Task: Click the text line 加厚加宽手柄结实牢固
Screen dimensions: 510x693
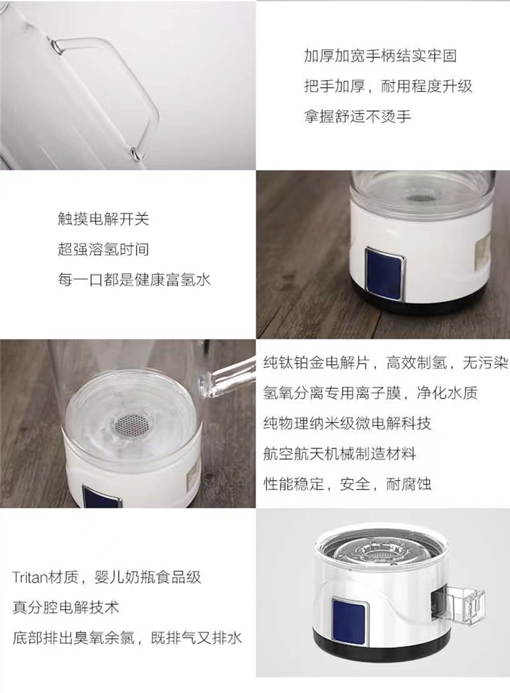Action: tap(380, 56)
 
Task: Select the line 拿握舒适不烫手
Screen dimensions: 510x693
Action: tap(358, 117)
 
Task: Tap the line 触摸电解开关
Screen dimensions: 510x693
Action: tap(104, 219)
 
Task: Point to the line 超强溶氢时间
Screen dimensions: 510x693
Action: tap(104, 250)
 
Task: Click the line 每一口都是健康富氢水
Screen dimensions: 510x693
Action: tap(134, 280)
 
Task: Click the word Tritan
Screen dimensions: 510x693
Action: tap(30, 577)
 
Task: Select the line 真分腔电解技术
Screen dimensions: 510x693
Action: tap(66, 608)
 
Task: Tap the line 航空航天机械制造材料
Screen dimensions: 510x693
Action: tap(340, 454)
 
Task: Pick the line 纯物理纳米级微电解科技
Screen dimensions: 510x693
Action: tap(347, 424)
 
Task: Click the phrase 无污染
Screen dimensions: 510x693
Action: tap(485, 363)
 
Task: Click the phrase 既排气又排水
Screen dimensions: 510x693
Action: tap(197, 638)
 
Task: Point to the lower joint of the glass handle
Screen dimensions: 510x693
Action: tap(135, 153)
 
